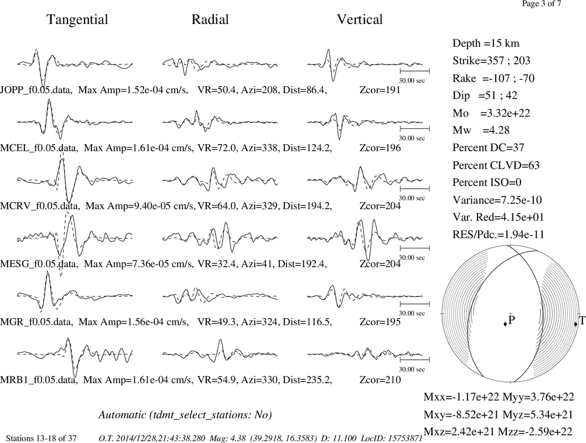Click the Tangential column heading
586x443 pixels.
(x=77, y=20)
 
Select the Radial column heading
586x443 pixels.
(x=210, y=19)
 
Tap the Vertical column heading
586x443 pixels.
(x=360, y=19)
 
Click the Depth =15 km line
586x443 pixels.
(x=486, y=43)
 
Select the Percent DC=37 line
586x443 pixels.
(x=489, y=148)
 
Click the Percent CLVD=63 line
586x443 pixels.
(x=496, y=165)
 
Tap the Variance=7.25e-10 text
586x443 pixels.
(x=497, y=200)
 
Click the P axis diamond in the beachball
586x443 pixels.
(x=505, y=323)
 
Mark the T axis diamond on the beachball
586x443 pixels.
(x=575, y=323)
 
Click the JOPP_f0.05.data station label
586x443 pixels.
(x=36, y=90)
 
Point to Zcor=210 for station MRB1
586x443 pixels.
(x=380, y=380)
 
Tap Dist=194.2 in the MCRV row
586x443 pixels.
(x=307, y=206)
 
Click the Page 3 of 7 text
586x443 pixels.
(x=541, y=4)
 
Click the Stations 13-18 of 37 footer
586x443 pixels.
(x=42, y=438)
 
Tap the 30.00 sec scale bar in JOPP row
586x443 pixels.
(x=414, y=71)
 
